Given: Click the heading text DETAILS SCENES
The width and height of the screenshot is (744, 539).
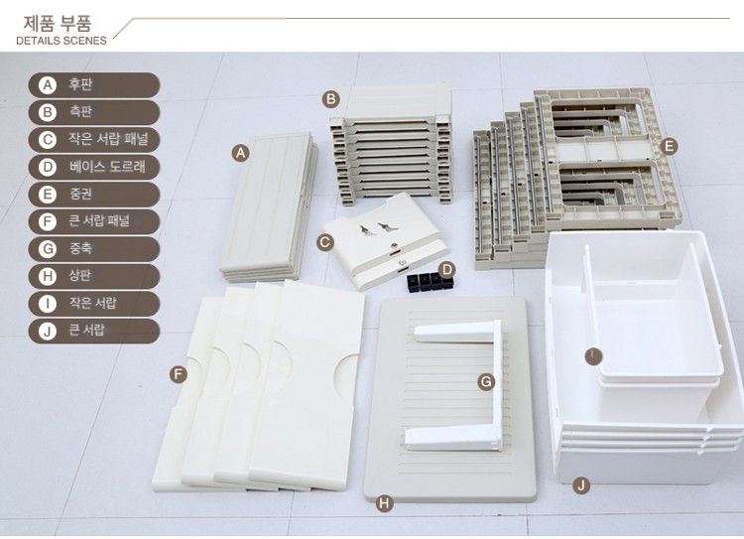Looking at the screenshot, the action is pyautogui.click(x=62, y=41).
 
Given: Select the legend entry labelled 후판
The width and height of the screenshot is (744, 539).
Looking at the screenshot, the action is pyautogui.click(x=94, y=85).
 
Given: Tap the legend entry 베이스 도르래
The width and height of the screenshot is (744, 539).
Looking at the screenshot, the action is pyautogui.click(x=94, y=167).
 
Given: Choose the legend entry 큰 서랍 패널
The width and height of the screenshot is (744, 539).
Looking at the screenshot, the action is pyautogui.click(x=94, y=221).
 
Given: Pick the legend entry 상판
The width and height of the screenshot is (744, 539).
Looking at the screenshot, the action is pyautogui.click(x=94, y=276).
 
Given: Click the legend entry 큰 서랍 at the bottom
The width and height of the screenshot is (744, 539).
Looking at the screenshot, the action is pyautogui.click(x=94, y=331).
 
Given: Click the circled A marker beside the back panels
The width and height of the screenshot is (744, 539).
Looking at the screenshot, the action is pyautogui.click(x=241, y=153).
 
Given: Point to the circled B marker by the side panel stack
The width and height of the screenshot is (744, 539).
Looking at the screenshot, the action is pyautogui.click(x=330, y=99).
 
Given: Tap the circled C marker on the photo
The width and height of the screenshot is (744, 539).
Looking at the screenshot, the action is pyautogui.click(x=324, y=242).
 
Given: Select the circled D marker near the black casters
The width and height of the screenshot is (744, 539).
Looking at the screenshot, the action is pyautogui.click(x=447, y=270).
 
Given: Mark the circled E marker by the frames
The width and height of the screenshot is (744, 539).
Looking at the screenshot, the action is pyautogui.click(x=669, y=146).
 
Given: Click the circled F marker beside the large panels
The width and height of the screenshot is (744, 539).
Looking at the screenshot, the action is pyautogui.click(x=178, y=374).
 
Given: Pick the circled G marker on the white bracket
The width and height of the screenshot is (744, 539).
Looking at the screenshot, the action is pyautogui.click(x=486, y=382).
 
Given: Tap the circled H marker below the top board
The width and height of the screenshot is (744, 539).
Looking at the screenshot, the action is pyautogui.click(x=384, y=503).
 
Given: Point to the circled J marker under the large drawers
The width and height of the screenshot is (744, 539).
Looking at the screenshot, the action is pyautogui.click(x=581, y=485).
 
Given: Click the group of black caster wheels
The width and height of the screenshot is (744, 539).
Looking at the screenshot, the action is pyautogui.click(x=430, y=281).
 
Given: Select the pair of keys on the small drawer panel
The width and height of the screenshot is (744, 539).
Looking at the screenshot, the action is pyautogui.click(x=375, y=229).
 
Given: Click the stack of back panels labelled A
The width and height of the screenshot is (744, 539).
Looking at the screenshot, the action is pyautogui.click(x=268, y=207).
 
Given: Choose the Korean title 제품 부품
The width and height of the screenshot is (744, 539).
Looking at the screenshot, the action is pyautogui.click(x=58, y=23).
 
